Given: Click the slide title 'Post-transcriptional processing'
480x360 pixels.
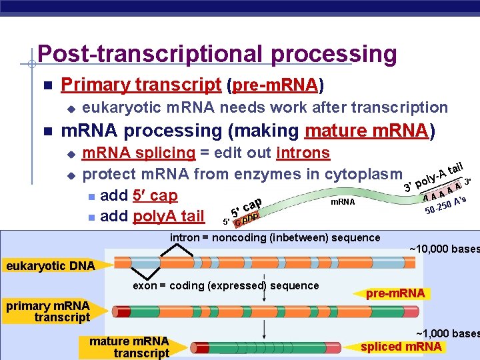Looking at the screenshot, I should [x=217, y=53].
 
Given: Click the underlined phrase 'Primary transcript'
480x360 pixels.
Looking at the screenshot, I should [x=141, y=85].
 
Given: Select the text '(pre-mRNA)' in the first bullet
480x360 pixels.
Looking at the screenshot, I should [x=276, y=85].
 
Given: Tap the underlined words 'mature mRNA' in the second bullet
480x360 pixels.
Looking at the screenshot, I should [x=365, y=130].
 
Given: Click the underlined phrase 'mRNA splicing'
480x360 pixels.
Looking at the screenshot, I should [x=138, y=153].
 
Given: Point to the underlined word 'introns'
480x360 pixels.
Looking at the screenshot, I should [x=303, y=153].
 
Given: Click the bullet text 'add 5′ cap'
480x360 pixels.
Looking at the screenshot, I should [x=138, y=195].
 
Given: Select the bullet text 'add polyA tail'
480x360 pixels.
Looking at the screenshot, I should [x=151, y=216].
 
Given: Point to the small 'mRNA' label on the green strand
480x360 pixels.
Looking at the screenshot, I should [x=343, y=201].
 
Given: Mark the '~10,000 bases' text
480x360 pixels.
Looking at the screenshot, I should [x=443, y=249].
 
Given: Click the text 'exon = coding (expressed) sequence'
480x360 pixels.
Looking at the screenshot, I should [x=226, y=285].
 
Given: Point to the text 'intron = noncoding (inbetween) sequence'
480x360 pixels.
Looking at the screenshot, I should [x=275, y=237].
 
